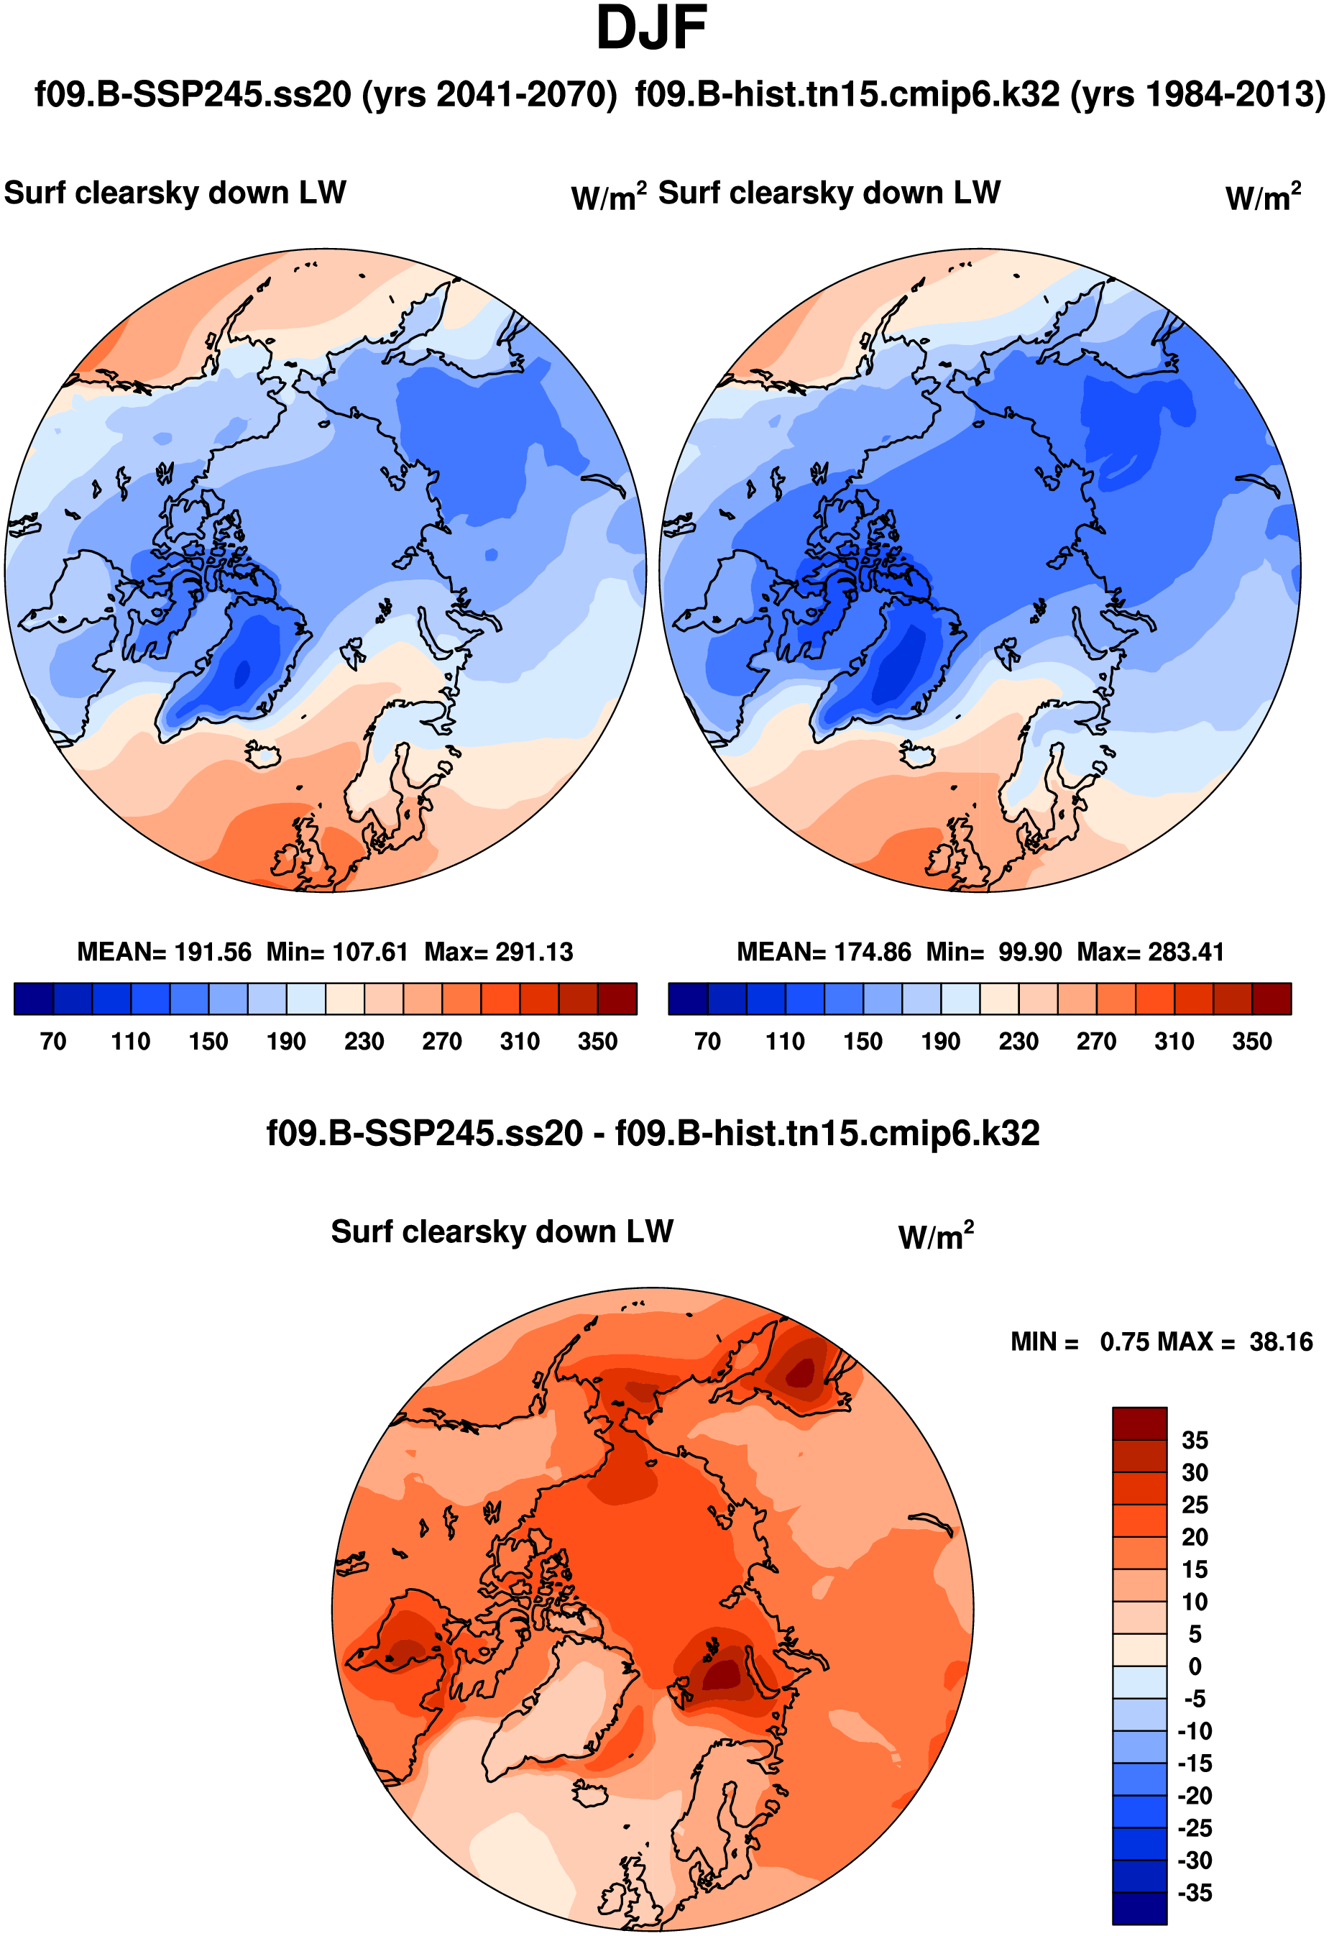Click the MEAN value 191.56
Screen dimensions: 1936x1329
point(213,952)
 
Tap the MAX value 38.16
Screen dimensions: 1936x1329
point(1281,1342)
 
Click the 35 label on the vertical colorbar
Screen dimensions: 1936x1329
point(1195,1441)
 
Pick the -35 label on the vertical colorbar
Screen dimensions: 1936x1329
point(1195,1893)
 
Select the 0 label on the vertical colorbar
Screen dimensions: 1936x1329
point(1195,1666)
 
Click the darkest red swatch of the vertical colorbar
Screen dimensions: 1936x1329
point(1140,1423)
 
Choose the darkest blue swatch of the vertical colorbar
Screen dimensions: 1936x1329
point(1140,1909)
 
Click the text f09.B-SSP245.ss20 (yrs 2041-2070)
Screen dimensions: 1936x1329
point(326,94)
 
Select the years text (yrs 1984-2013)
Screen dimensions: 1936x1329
point(1197,94)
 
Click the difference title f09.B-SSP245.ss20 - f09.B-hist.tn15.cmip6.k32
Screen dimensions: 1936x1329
point(653,1134)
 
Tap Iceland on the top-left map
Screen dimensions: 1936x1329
point(265,756)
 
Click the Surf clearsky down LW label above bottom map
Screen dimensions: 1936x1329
point(502,1231)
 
